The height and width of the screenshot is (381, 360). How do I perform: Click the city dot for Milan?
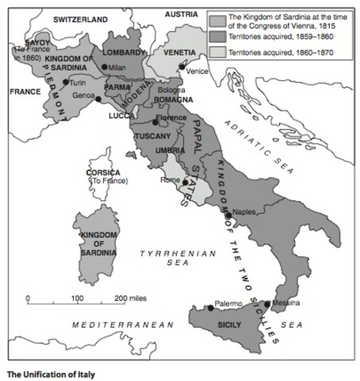point(105,67)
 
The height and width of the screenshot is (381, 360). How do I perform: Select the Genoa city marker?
point(98,99)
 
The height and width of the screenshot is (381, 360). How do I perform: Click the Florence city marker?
point(155,122)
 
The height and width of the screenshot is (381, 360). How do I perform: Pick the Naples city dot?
point(228,215)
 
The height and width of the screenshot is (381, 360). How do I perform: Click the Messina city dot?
point(266,304)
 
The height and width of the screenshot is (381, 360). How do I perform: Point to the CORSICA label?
point(103,172)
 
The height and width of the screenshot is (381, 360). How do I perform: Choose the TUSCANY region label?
point(153,136)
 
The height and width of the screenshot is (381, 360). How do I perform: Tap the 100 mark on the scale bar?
point(78,298)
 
